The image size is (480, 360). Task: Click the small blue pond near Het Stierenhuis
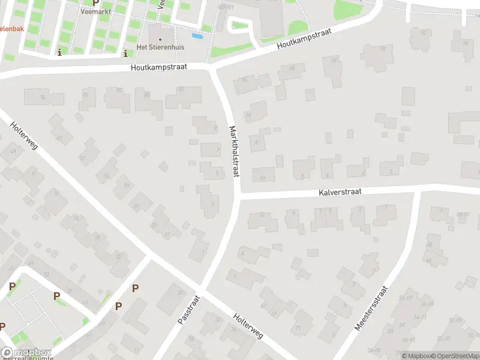pyautogui.click(x=196, y=36)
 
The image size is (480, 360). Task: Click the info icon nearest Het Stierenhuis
pyautogui.click(x=125, y=53)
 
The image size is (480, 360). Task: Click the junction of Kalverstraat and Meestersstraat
pyautogui.click(x=416, y=191)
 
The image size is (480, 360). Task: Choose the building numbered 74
pyautogui.click(x=43, y=98)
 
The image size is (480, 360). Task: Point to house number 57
pyautogui.click(x=137, y=205)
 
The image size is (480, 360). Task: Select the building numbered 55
pyautogui.click(x=126, y=185)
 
